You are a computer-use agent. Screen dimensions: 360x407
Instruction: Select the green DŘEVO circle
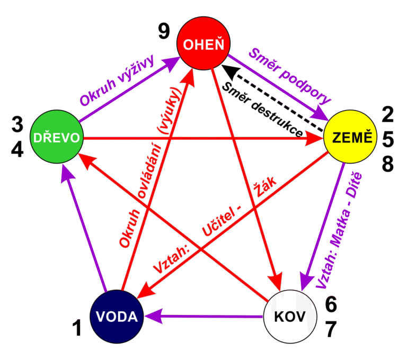(57, 138)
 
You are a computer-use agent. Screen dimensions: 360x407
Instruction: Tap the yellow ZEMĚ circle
(350, 138)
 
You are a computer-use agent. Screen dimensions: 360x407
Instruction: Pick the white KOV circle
(290, 317)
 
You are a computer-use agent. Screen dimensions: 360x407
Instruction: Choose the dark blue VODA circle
(117, 317)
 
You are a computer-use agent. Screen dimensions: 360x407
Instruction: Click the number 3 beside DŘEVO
(17, 126)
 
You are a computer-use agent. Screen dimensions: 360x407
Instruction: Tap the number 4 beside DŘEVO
(17, 150)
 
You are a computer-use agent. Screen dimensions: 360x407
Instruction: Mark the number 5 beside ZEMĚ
(388, 139)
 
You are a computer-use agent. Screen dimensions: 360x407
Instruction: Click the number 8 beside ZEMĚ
(388, 164)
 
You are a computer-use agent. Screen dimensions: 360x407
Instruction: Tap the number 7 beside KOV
(331, 329)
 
